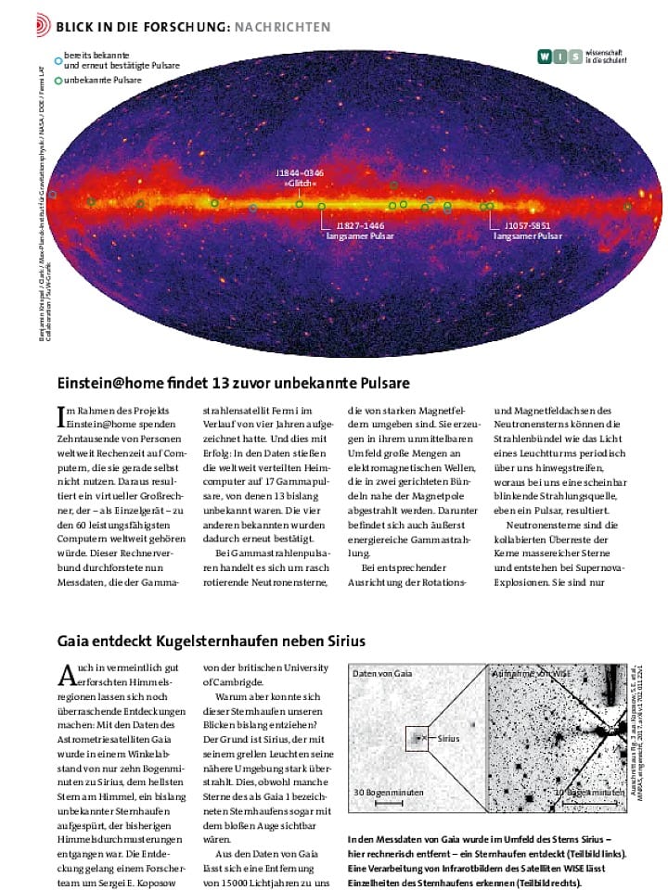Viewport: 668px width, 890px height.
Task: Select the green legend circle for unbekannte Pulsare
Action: coord(58,81)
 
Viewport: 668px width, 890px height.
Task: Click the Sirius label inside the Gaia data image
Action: coord(449,738)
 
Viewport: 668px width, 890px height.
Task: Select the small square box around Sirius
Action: coord(418,738)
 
